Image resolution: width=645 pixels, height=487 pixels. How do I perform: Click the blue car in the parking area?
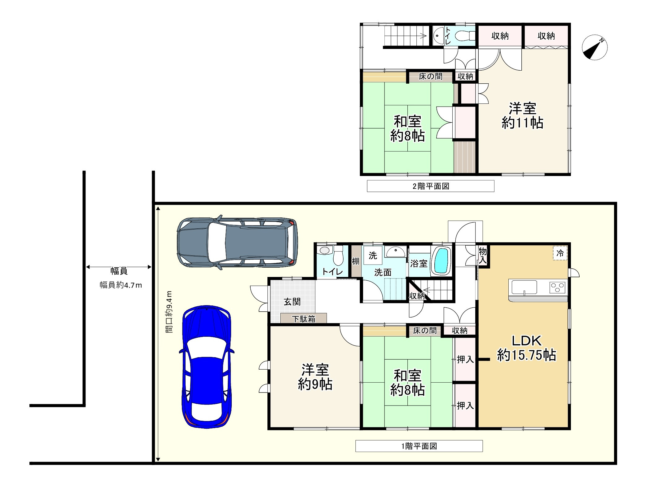click(206, 367)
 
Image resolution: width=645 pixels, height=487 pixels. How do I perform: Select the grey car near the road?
click(237, 242)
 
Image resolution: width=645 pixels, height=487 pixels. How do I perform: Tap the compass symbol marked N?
click(595, 47)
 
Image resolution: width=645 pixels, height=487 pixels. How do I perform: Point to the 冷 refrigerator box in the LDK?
click(560, 253)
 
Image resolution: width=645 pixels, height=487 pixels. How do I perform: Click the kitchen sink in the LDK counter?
click(524, 287)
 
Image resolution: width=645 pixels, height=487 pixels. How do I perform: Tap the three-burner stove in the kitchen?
click(558, 287)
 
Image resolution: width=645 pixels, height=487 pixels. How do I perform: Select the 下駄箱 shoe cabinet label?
click(303, 318)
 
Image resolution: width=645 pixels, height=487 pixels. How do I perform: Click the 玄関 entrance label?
click(292, 301)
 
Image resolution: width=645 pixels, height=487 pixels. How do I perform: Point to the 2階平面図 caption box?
click(430, 186)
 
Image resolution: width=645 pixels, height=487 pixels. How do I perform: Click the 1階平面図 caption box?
click(419, 446)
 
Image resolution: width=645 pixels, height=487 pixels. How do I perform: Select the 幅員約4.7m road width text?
click(121, 285)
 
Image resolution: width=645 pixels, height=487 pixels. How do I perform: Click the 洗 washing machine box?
click(373, 256)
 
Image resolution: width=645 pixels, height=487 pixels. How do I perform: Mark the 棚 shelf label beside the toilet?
click(356, 261)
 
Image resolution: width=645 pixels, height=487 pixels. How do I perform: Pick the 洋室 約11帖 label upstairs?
click(522, 116)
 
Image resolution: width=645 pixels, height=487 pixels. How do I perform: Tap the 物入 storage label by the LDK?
click(483, 255)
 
